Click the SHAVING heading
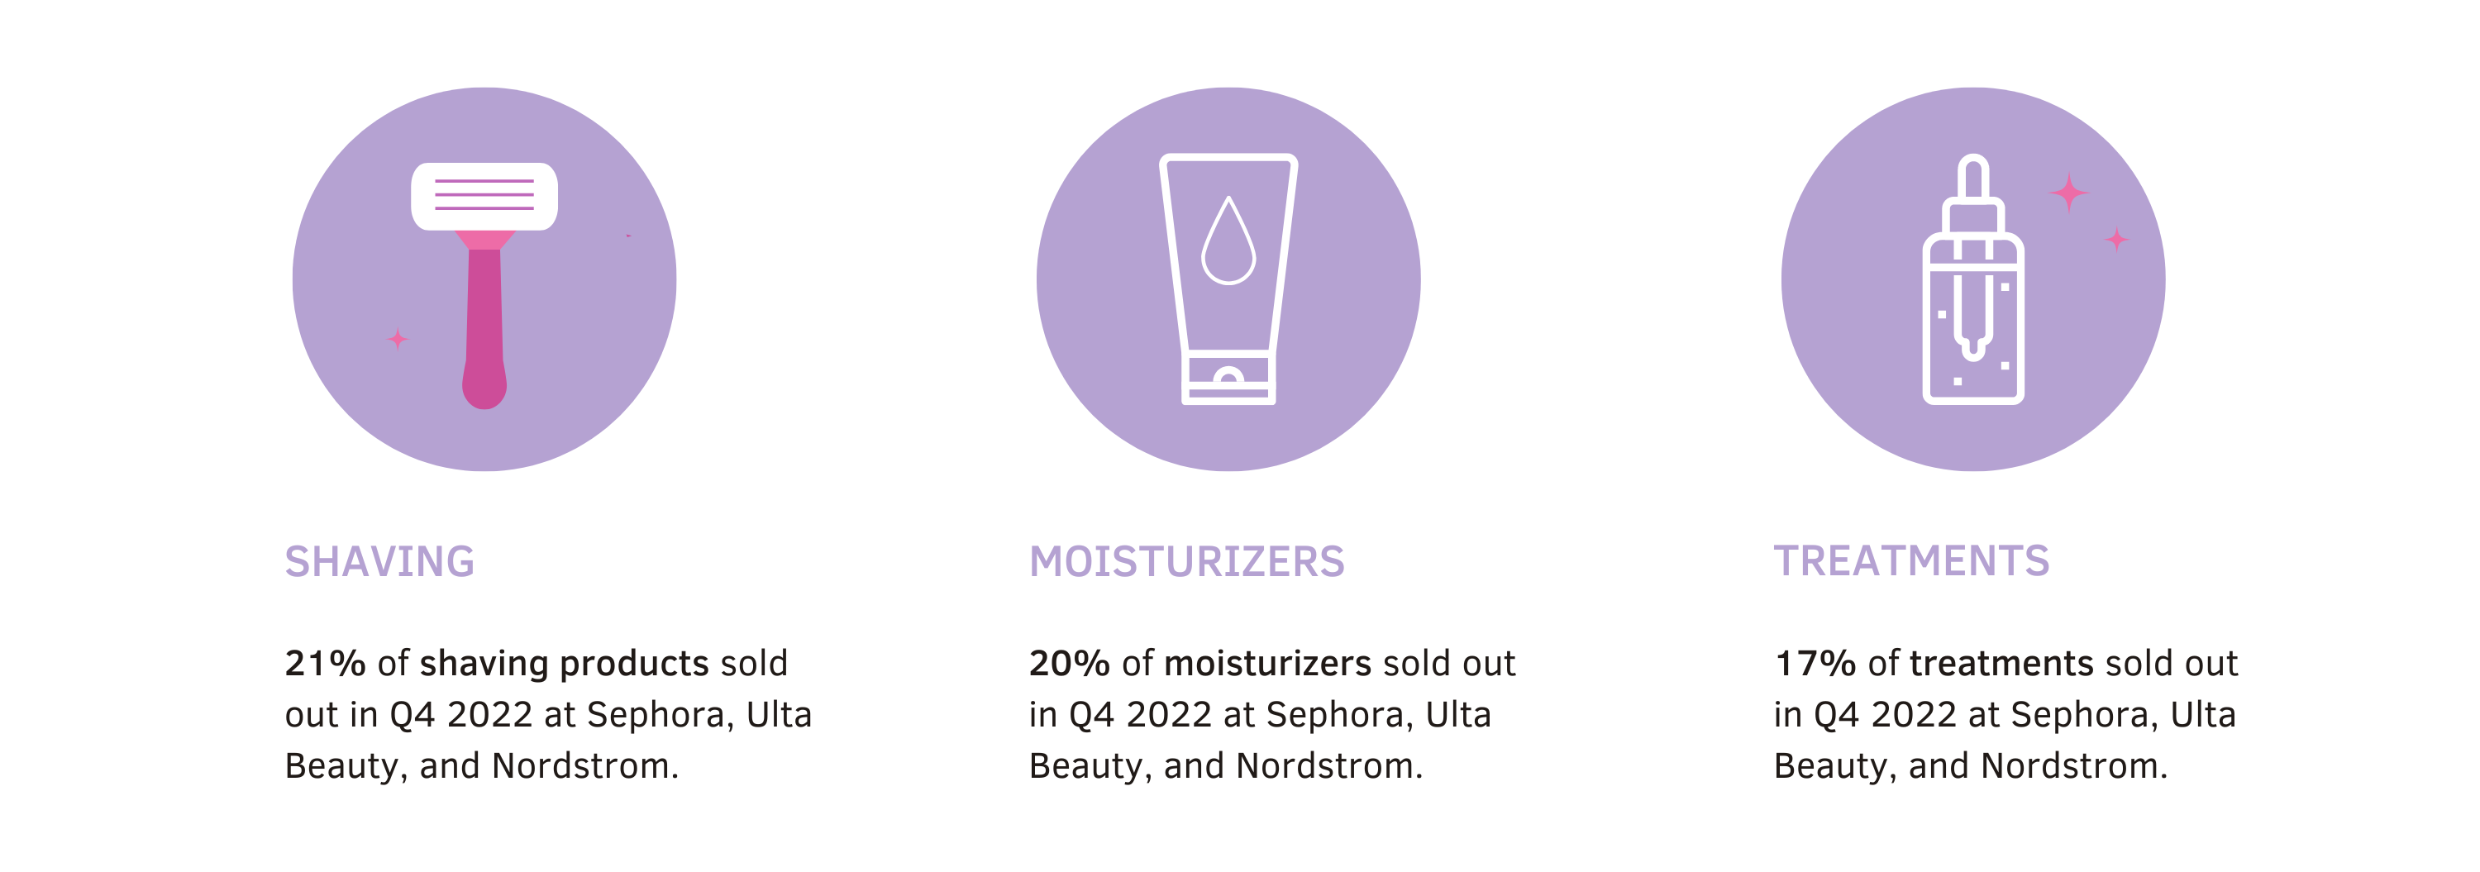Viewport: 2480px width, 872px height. (379, 561)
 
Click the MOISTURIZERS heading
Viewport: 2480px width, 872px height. (1186, 561)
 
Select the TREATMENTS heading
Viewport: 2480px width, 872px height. (1911, 561)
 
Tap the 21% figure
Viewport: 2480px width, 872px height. (324, 663)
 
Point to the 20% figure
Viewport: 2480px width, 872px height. (1069, 663)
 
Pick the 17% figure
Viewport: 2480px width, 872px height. (1814, 663)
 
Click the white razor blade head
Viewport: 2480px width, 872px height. (484, 197)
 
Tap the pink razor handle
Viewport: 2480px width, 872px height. (484, 322)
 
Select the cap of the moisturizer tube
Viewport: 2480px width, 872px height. (1228, 379)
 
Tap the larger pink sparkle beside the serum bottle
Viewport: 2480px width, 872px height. (2069, 193)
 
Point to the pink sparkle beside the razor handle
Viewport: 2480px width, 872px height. (398, 339)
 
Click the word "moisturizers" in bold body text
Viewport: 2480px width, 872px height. (1268, 663)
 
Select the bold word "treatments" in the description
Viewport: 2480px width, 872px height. (2001, 663)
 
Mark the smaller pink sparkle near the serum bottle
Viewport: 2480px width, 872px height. (2116, 239)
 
